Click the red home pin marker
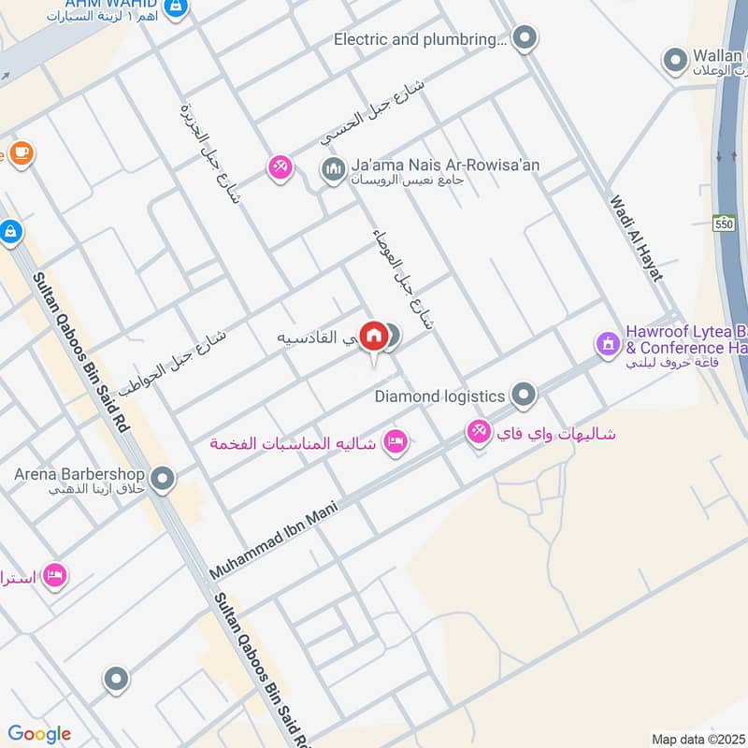click(x=374, y=336)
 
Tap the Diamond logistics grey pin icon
click(x=524, y=396)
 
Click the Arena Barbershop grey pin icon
click(x=163, y=480)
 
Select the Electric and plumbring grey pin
click(x=525, y=39)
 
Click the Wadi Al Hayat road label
click(x=636, y=237)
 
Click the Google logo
click(x=39, y=734)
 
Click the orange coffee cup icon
click(x=21, y=152)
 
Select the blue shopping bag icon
click(x=9, y=230)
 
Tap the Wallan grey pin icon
click(x=675, y=62)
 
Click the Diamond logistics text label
click(x=439, y=396)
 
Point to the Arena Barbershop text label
click(x=79, y=474)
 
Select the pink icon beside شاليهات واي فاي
click(x=479, y=431)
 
